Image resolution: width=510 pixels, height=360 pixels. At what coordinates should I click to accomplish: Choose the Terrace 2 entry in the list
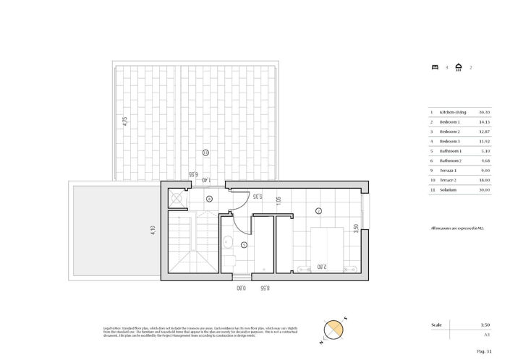coord(447,179)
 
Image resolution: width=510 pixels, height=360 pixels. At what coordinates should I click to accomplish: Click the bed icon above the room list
coord(434,68)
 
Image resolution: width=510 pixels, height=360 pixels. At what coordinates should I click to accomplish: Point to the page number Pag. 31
coord(484,350)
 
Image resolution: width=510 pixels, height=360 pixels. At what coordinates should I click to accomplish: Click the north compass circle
coord(333,329)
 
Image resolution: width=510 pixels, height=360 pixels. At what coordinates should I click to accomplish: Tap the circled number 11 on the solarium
coord(206,152)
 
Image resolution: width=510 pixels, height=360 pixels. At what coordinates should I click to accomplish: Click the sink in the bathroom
coord(227,241)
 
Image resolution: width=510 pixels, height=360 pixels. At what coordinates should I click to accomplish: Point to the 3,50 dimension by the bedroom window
coord(354,228)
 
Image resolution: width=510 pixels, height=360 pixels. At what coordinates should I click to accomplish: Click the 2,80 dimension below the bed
coord(320,266)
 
